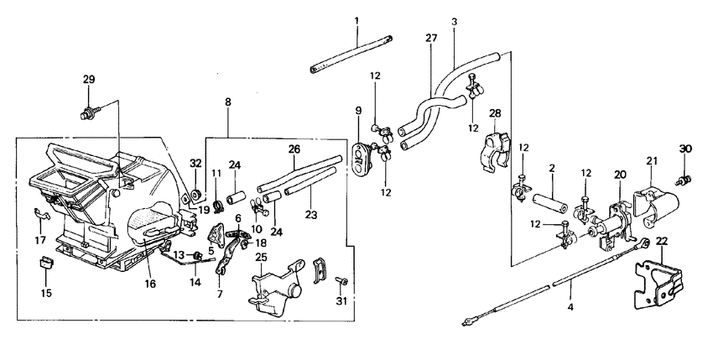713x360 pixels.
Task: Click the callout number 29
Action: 89,80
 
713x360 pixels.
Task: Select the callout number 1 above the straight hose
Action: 356,18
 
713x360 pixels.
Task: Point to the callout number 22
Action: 662,241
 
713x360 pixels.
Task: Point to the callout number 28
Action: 494,113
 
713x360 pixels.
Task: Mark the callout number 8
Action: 227,102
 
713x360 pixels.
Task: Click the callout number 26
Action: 294,149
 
